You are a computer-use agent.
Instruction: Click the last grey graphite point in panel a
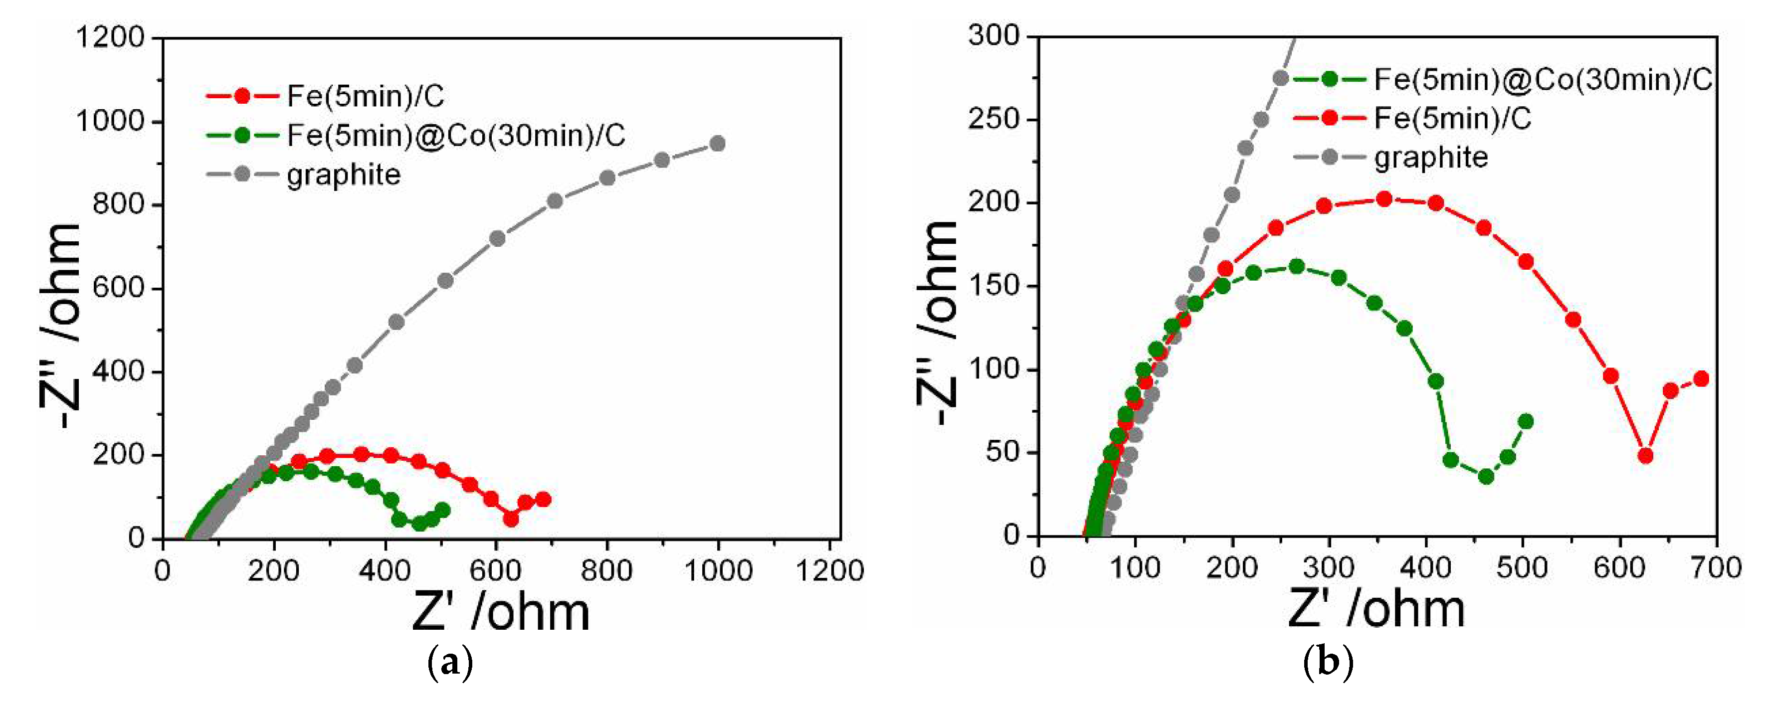[717, 143]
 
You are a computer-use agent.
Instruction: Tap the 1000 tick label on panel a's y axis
[110, 121]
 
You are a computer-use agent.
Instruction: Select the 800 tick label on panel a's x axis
[607, 570]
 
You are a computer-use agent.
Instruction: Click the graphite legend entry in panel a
[343, 175]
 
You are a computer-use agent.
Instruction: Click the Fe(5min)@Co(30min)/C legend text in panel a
[456, 135]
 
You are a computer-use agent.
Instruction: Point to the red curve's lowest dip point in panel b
[1645, 455]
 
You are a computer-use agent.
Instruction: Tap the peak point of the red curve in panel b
[1384, 199]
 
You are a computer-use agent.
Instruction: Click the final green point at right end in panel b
[1526, 421]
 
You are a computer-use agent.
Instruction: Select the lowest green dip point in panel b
[1486, 477]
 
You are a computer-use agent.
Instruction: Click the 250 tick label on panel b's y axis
[993, 119]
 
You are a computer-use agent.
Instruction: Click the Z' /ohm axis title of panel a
[500, 612]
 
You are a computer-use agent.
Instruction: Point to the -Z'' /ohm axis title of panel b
[938, 322]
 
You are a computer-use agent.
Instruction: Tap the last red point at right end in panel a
[543, 499]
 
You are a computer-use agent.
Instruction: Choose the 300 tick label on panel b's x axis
[1329, 568]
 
